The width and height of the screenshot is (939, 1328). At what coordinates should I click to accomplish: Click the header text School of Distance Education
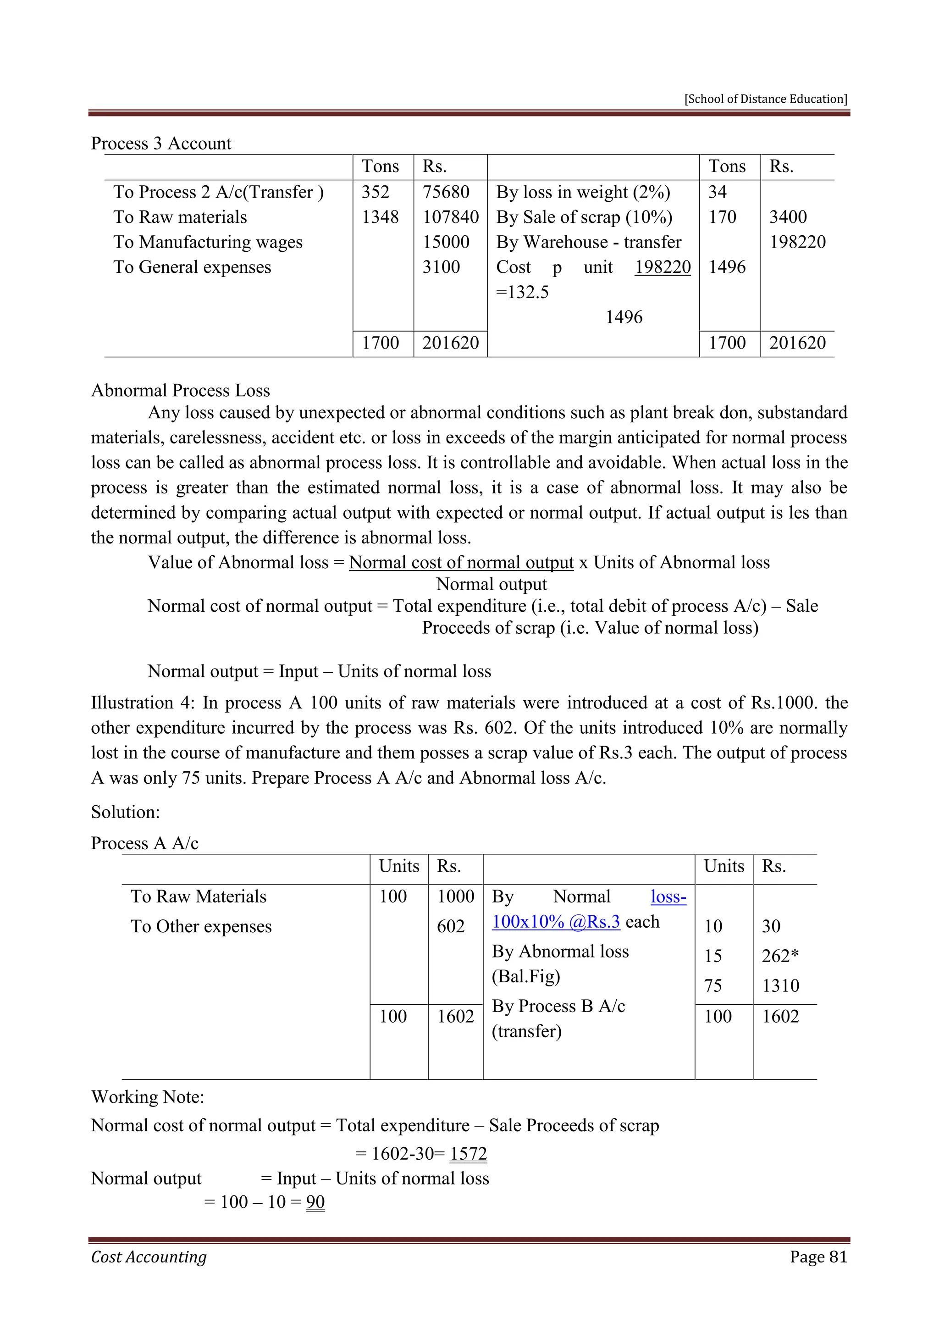[x=766, y=99]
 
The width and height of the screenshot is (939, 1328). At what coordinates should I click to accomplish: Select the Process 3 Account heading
[x=161, y=144]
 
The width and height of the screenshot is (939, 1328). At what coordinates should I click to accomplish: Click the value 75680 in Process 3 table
[x=446, y=192]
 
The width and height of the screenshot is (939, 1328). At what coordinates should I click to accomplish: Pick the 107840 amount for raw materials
[x=450, y=217]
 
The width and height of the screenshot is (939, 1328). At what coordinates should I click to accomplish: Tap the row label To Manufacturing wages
[x=208, y=242]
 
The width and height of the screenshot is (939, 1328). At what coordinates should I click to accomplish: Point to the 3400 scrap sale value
[x=788, y=217]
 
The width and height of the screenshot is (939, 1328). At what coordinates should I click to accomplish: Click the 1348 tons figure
[x=380, y=217]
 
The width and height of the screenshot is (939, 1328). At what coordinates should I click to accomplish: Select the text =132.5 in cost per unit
[x=522, y=292]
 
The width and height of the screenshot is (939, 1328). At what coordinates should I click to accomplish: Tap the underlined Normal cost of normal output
[x=461, y=562]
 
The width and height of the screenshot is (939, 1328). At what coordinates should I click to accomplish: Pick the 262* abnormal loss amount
[x=779, y=956]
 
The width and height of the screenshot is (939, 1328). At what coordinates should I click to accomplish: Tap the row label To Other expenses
[x=201, y=927]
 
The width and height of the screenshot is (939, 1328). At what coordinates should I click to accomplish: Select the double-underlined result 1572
[x=468, y=1154]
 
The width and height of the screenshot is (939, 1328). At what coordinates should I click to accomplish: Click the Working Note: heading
[x=148, y=1097]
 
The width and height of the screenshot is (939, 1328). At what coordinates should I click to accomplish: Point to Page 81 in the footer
[x=818, y=1257]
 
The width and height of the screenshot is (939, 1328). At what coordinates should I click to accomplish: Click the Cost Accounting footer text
[x=149, y=1257]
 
